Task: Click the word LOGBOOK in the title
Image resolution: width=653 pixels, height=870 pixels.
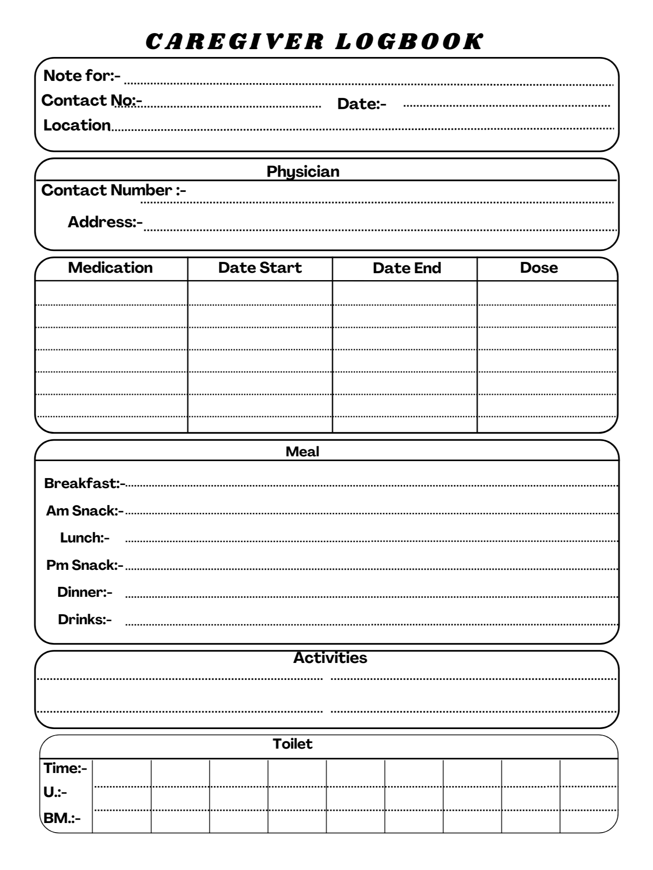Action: (409, 42)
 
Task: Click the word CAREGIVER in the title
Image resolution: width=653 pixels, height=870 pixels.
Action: (235, 42)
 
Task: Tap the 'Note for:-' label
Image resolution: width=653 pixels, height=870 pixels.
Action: (82, 76)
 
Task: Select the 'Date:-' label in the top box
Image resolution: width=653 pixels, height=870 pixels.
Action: (361, 104)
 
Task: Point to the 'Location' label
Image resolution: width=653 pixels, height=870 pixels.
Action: (77, 125)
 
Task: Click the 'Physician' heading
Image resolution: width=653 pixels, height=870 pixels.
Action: (303, 171)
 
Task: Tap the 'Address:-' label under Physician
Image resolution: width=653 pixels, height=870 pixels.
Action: (105, 222)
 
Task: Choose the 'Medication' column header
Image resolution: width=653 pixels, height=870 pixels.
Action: (111, 268)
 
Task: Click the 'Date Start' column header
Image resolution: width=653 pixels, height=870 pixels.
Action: (260, 268)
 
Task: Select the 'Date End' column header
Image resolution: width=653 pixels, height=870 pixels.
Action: (407, 268)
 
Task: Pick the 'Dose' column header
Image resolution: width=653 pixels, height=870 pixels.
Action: (539, 268)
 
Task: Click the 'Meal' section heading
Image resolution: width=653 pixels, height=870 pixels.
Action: (303, 452)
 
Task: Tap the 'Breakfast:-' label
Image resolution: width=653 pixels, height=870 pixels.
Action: (84, 483)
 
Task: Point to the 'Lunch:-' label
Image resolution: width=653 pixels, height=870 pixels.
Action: (85, 538)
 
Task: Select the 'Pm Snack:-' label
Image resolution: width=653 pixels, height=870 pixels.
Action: (85, 565)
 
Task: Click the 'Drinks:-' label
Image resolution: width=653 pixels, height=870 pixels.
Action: (85, 619)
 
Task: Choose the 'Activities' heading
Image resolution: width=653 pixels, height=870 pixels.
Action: (330, 658)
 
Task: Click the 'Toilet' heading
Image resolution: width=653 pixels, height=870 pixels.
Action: (293, 744)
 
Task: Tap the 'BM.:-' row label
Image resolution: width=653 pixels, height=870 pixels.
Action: (62, 818)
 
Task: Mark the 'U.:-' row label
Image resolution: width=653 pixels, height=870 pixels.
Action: (55, 793)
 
